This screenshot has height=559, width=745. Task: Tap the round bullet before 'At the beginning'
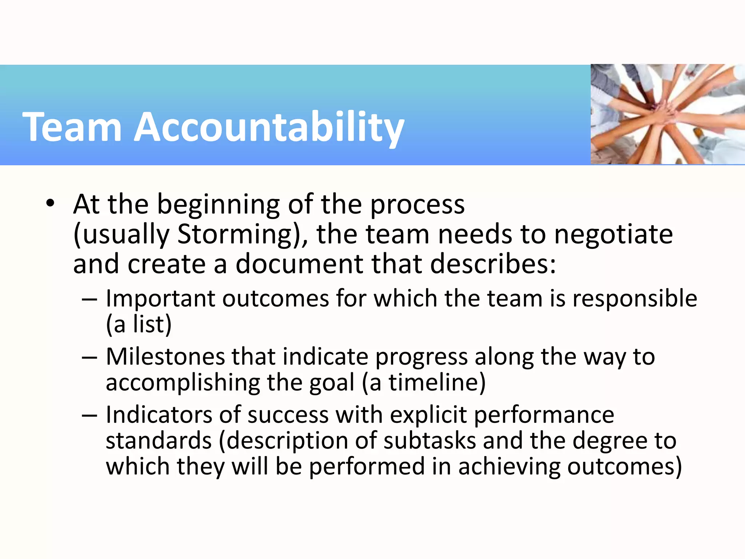tap(50, 203)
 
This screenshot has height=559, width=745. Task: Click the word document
tap(299, 264)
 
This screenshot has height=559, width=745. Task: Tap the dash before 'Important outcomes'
tap(89, 299)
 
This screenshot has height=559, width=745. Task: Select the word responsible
tap(635, 298)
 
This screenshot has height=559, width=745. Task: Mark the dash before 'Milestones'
tap(89, 357)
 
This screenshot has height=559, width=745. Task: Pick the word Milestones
tap(166, 357)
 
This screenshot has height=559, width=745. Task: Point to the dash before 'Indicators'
tap(89, 416)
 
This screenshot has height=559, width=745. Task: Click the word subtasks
tap(430, 441)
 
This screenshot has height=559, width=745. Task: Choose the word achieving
tap(509, 467)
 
